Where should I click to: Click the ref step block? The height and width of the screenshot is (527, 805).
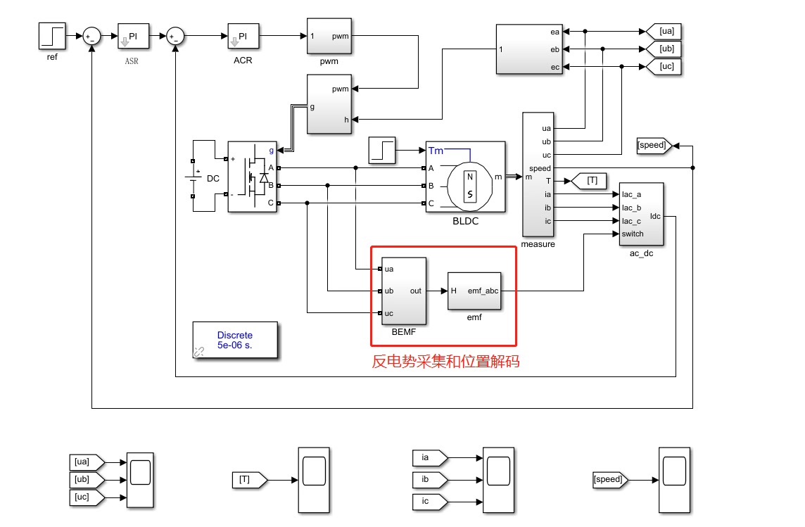(x=52, y=36)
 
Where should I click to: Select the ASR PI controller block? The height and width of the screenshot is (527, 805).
(x=134, y=36)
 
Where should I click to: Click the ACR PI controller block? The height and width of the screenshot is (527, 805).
(x=243, y=36)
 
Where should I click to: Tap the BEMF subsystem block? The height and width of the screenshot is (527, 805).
(x=403, y=291)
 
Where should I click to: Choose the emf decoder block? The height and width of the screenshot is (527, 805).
(x=474, y=291)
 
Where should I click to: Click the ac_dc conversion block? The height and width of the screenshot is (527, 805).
(x=641, y=214)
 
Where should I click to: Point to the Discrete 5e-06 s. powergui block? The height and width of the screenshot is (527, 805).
(x=235, y=340)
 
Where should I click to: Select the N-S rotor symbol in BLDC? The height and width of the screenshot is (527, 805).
(x=470, y=186)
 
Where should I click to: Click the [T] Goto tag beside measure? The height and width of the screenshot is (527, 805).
(x=589, y=181)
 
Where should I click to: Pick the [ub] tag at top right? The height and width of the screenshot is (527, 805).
(x=664, y=49)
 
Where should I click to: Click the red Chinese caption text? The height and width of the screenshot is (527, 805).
(x=445, y=361)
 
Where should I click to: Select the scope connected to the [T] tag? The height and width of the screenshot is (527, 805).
(x=314, y=480)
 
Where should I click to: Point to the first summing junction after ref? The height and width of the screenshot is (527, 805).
(x=92, y=36)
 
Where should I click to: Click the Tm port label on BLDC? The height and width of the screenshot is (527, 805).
(x=436, y=151)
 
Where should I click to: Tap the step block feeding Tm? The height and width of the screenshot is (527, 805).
(x=382, y=151)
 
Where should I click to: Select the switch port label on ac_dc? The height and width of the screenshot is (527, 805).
(x=633, y=234)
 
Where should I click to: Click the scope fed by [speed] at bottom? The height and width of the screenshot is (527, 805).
(x=674, y=480)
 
